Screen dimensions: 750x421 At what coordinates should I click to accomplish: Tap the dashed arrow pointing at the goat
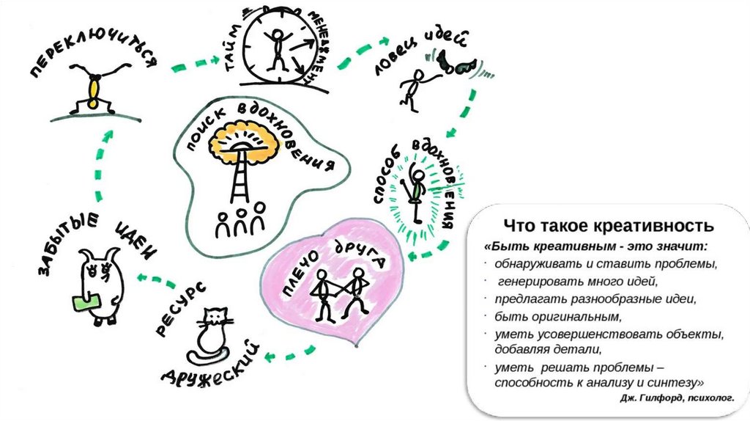[x=154, y=279]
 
